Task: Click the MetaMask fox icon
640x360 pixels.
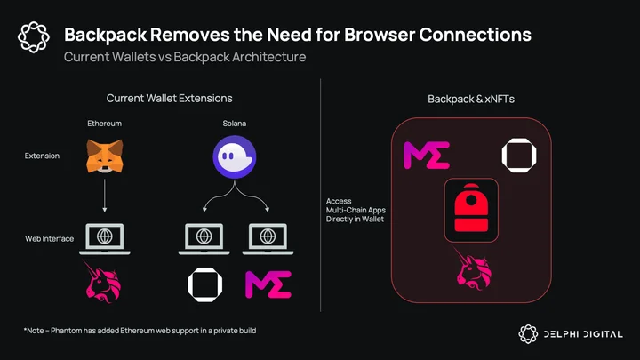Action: [105, 156]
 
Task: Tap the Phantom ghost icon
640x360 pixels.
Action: [235, 157]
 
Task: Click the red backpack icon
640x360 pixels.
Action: [471, 208]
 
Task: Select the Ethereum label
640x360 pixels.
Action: [105, 124]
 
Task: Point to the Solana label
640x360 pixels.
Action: [235, 124]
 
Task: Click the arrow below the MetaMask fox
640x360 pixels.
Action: [105, 196]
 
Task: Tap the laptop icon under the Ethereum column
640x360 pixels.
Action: [105, 239]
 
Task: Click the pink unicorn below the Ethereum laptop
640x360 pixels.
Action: [103, 282]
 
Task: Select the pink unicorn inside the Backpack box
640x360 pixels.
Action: [474, 268]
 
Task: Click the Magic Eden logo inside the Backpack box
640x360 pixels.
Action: [427, 155]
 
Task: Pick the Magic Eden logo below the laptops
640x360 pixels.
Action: [268, 284]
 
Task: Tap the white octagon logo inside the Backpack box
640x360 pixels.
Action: [519, 155]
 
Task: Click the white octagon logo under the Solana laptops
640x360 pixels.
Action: [205, 285]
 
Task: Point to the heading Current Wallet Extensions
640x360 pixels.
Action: [170, 99]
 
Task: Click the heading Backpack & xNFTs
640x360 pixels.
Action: [471, 100]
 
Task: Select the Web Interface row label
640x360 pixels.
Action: [50, 239]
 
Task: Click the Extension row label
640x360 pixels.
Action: [42, 156]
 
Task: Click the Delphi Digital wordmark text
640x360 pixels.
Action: [583, 334]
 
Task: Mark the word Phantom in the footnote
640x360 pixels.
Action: [66, 331]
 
